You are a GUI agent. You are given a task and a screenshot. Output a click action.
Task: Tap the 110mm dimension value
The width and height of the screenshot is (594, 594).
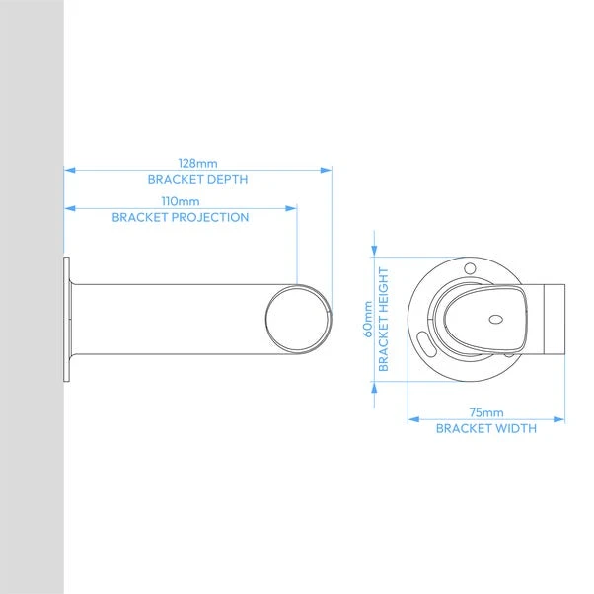pyautogui.click(x=181, y=201)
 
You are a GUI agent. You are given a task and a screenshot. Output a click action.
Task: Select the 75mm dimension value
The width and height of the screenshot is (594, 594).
pyautogui.click(x=485, y=412)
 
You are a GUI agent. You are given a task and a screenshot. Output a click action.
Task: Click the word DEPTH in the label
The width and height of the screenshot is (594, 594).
pyautogui.click(x=226, y=180)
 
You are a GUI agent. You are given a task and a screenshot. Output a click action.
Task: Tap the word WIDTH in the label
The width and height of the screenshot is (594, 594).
pyautogui.click(x=516, y=428)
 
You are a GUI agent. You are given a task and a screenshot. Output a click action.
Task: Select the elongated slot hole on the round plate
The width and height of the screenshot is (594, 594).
pyautogui.click(x=425, y=345)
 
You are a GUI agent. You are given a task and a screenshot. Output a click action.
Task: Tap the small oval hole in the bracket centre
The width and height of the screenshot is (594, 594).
pyautogui.click(x=495, y=319)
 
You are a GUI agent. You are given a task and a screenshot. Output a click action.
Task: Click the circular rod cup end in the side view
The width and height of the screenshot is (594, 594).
pyautogui.click(x=295, y=318)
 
